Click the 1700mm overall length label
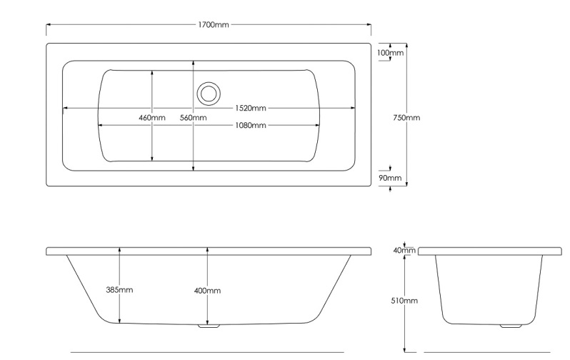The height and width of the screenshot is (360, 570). click(214, 25)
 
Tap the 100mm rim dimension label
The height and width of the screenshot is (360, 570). click(391, 53)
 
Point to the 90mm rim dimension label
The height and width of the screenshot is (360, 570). click(390, 178)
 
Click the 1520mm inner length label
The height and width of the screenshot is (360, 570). click(251, 109)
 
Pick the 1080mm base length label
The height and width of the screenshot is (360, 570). click(251, 126)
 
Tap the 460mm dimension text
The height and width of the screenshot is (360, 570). click(152, 118)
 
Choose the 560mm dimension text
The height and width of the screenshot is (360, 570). click(193, 118)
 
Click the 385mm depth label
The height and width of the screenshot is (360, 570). click(119, 290)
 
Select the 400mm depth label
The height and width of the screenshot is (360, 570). click(207, 291)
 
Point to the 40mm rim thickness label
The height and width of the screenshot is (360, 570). click(404, 251)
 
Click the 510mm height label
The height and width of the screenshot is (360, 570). click(404, 301)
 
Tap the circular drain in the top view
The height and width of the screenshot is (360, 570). click(209, 93)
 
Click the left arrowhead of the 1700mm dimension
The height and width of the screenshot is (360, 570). click(49, 25)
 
